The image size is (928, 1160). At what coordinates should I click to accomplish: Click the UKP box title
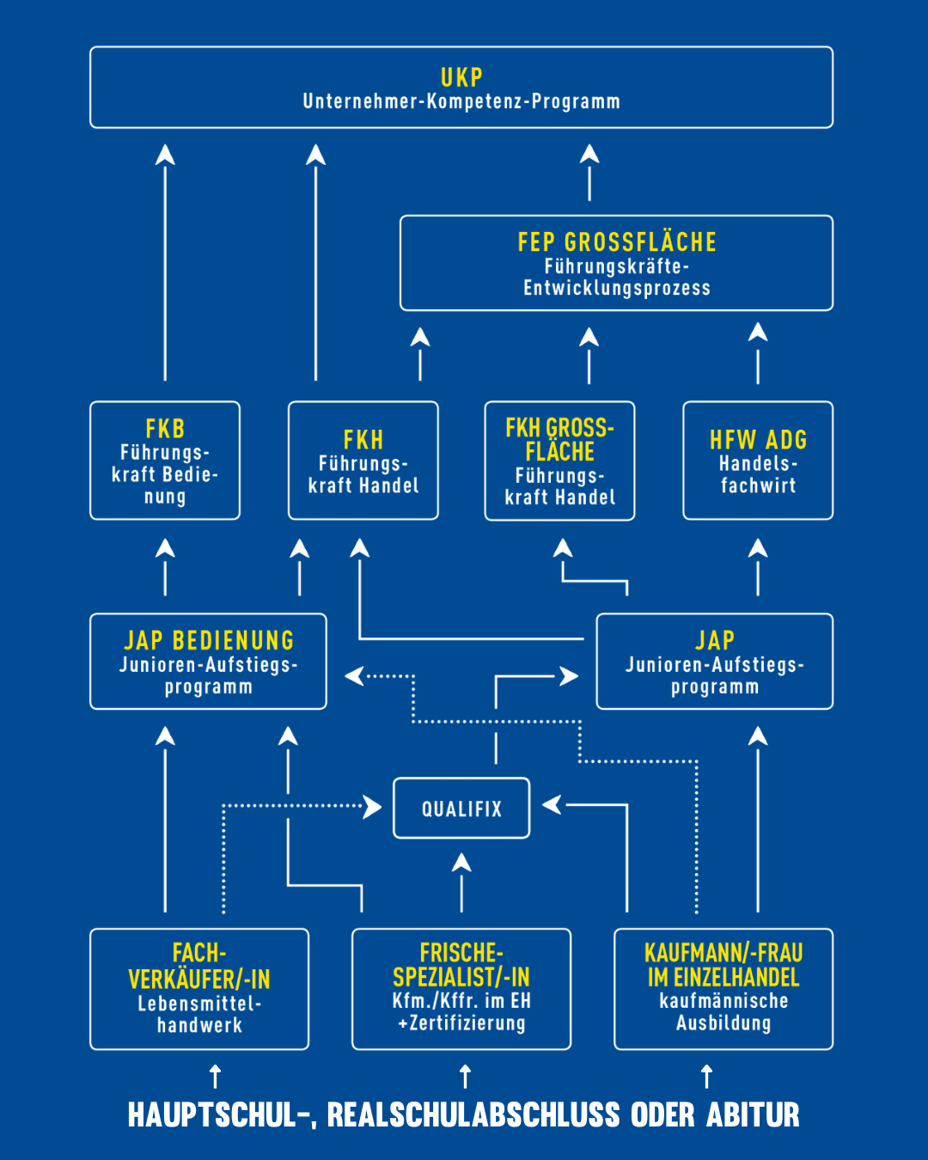461,77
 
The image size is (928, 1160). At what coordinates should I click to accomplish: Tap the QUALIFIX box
461,808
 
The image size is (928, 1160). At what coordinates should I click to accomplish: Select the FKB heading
165,428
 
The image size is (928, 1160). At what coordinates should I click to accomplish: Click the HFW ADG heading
758,440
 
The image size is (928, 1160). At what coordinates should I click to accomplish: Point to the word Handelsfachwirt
758,474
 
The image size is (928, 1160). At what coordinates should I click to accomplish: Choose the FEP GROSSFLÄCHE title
617,242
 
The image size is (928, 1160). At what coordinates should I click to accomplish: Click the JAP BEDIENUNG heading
209,640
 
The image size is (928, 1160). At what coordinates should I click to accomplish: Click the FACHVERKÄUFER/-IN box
199,988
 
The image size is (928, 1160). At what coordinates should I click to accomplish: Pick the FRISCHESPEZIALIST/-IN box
461,988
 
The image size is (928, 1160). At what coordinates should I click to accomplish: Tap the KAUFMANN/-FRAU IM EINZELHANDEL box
723,988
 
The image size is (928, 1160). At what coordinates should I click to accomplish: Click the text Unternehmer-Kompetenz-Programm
461,101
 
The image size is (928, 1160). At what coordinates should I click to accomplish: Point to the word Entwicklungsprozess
617,288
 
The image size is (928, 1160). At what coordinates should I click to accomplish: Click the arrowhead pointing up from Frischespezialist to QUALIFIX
461,862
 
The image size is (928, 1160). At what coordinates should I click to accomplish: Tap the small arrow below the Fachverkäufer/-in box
216,1076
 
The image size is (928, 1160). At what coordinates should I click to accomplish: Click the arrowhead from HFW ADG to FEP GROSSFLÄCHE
758,333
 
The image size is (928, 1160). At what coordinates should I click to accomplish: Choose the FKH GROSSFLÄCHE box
559,461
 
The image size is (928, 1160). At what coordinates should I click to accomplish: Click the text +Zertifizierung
461,1023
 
